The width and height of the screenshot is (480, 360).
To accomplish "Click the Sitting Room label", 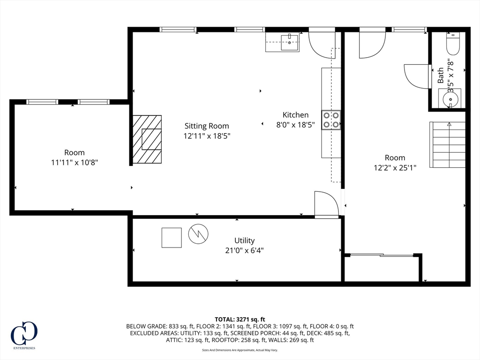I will click(x=207, y=126).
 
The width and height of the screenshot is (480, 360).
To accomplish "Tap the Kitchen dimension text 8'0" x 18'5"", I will click(x=295, y=125).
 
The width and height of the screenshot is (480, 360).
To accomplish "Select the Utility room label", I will click(x=244, y=240).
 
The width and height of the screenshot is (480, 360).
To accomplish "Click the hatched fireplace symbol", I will click(x=147, y=139).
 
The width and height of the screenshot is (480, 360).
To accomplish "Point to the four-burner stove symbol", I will click(x=331, y=120).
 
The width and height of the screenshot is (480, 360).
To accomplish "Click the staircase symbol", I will click(x=448, y=144).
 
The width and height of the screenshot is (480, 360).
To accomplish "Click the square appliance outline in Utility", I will click(x=172, y=237).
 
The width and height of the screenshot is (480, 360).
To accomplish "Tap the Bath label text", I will click(x=441, y=76).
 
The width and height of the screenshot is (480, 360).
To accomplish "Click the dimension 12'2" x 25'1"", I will click(x=395, y=167).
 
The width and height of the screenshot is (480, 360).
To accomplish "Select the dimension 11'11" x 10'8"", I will click(x=75, y=162).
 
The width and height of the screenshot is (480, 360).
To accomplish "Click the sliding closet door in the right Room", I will click(x=381, y=255).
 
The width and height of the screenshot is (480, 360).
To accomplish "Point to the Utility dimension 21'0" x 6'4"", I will click(x=244, y=250).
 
